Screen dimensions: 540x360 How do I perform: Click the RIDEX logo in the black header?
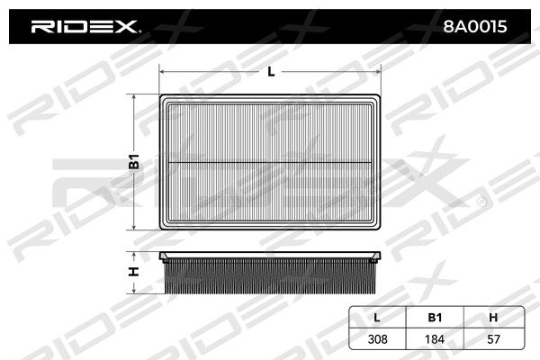85,26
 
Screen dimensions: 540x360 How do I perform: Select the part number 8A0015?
475,26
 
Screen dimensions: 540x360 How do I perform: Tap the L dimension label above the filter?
272,72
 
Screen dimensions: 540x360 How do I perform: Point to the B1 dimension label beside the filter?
133,162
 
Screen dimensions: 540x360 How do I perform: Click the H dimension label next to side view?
133,272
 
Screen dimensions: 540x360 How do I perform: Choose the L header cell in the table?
377,318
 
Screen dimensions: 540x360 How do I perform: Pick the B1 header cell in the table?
435,318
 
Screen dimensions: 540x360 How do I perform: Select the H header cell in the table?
493,318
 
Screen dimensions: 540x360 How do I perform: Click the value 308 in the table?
377,339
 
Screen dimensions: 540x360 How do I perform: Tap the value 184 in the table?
435,339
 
